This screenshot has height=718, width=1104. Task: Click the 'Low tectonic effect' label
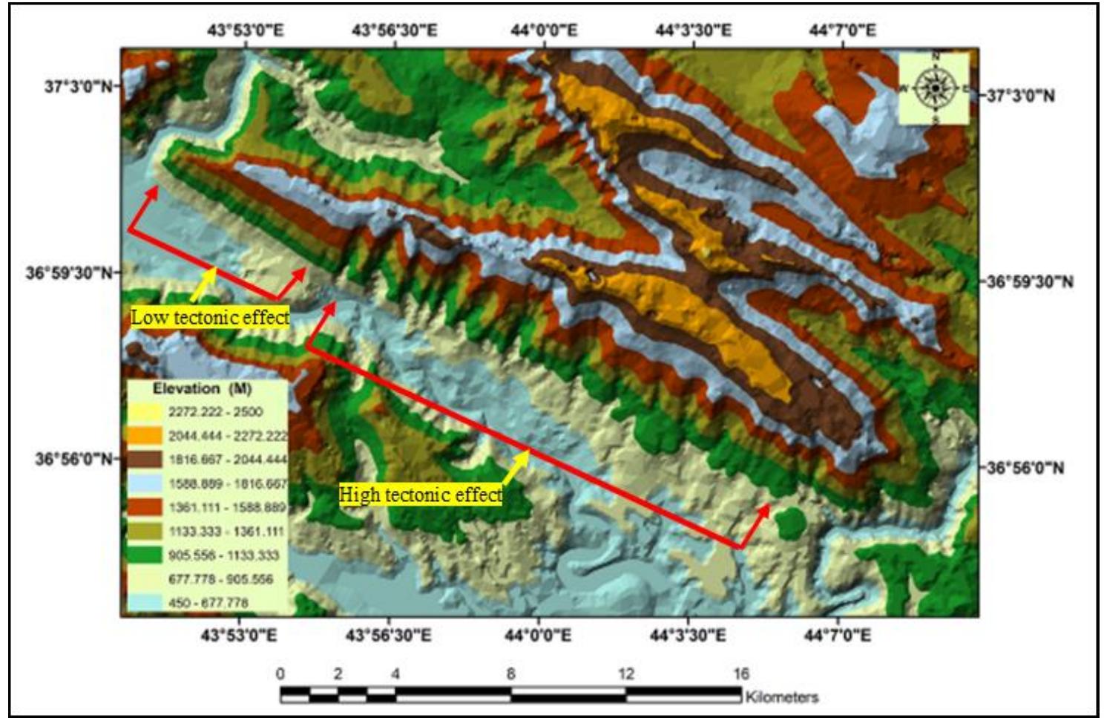pos(210,317)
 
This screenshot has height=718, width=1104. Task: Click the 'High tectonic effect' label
pos(420,494)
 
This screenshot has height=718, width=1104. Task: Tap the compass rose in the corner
pos(935,88)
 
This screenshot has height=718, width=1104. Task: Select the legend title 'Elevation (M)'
pos(202,388)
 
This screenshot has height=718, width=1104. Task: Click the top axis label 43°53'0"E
pos(245,30)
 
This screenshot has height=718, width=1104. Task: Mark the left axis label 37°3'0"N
pos(79,86)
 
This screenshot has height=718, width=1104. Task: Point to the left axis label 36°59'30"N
pos(70,272)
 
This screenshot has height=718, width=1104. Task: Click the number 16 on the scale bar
pos(740,673)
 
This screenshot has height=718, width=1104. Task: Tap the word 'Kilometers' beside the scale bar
pos(781,696)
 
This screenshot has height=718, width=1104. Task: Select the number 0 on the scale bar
pos(280,673)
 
